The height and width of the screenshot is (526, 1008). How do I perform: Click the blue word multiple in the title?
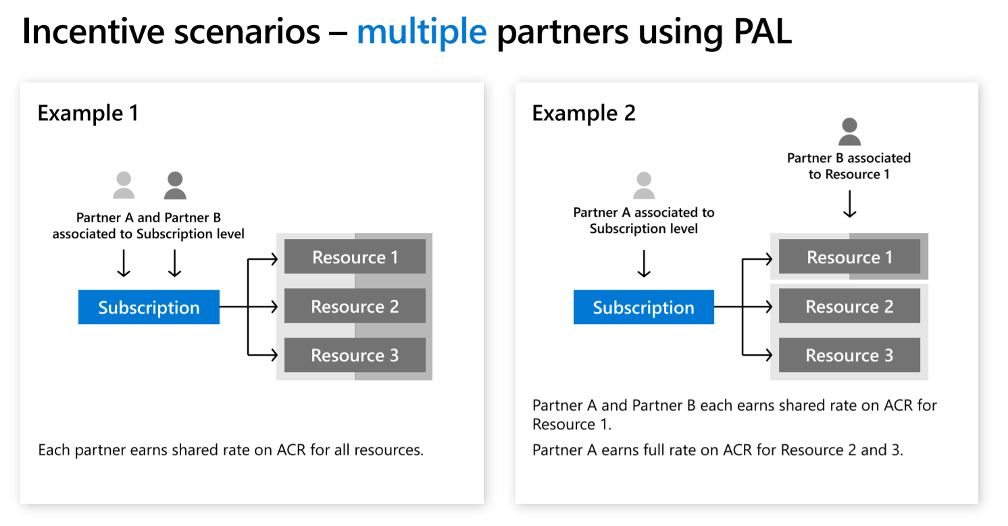pos(421,32)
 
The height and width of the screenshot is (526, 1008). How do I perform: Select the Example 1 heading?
pos(88,113)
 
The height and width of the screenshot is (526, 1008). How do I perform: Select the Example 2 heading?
pos(583,113)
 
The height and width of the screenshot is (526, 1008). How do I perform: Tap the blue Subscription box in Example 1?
pos(149,307)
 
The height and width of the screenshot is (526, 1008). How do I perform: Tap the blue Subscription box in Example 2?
pos(643,307)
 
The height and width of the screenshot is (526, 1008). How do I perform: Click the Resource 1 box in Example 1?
pos(355,257)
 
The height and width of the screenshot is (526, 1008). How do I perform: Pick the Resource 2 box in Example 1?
pos(355,307)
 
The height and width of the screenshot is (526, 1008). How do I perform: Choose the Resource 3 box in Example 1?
pos(355,355)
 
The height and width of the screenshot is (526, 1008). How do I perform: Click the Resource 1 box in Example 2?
pos(849,257)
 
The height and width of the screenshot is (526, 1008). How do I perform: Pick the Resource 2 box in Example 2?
pos(849,307)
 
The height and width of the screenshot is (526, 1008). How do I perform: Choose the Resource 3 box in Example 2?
pos(849,355)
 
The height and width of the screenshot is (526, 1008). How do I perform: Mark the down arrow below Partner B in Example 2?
pos(849,203)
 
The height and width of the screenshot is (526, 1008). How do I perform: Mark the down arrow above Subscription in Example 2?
pos(643,263)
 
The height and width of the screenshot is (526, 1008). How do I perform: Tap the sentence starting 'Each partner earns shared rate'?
pos(230,450)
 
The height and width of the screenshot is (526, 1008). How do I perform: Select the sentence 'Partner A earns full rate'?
pos(717,450)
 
